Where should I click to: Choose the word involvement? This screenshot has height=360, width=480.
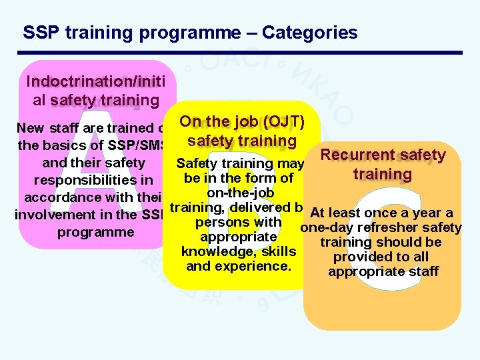tap(51, 215)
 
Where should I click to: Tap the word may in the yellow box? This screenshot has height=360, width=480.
tap(294, 163)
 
